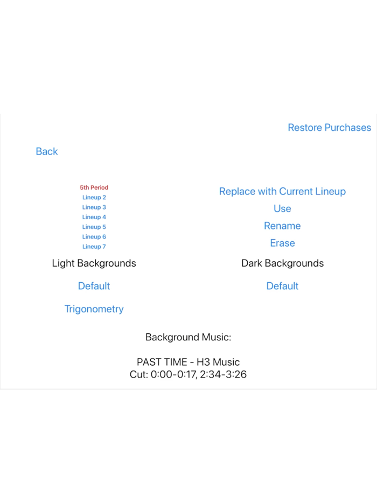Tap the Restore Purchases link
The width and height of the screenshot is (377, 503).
tap(329, 128)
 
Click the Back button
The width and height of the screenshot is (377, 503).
tap(47, 151)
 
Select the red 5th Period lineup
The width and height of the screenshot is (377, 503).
tap(94, 187)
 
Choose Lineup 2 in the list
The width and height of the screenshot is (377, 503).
tap(94, 198)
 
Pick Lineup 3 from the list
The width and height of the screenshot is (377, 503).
tap(94, 207)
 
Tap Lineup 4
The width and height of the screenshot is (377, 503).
tap(94, 217)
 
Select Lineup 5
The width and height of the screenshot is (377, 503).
tap(94, 227)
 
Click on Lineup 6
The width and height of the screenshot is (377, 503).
tap(94, 236)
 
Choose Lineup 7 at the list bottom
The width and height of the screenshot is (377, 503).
tap(94, 247)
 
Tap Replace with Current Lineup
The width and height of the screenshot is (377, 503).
tap(282, 191)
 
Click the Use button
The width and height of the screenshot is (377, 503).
tap(282, 208)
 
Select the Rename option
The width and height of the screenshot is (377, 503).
tap(282, 226)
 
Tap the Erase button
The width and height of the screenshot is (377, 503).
tap(282, 243)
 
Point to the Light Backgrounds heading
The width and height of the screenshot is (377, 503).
tap(94, 263)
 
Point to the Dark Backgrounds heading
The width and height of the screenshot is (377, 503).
tap(282, 263)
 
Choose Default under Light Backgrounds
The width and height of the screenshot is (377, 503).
tap(94, 286)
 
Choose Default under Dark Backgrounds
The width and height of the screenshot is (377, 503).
tap(282, 286)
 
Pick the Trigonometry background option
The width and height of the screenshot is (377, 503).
tap(94, 309)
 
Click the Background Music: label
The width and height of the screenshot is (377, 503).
tap(188, 337)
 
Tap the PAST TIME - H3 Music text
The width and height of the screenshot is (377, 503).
tap(188, 362)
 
